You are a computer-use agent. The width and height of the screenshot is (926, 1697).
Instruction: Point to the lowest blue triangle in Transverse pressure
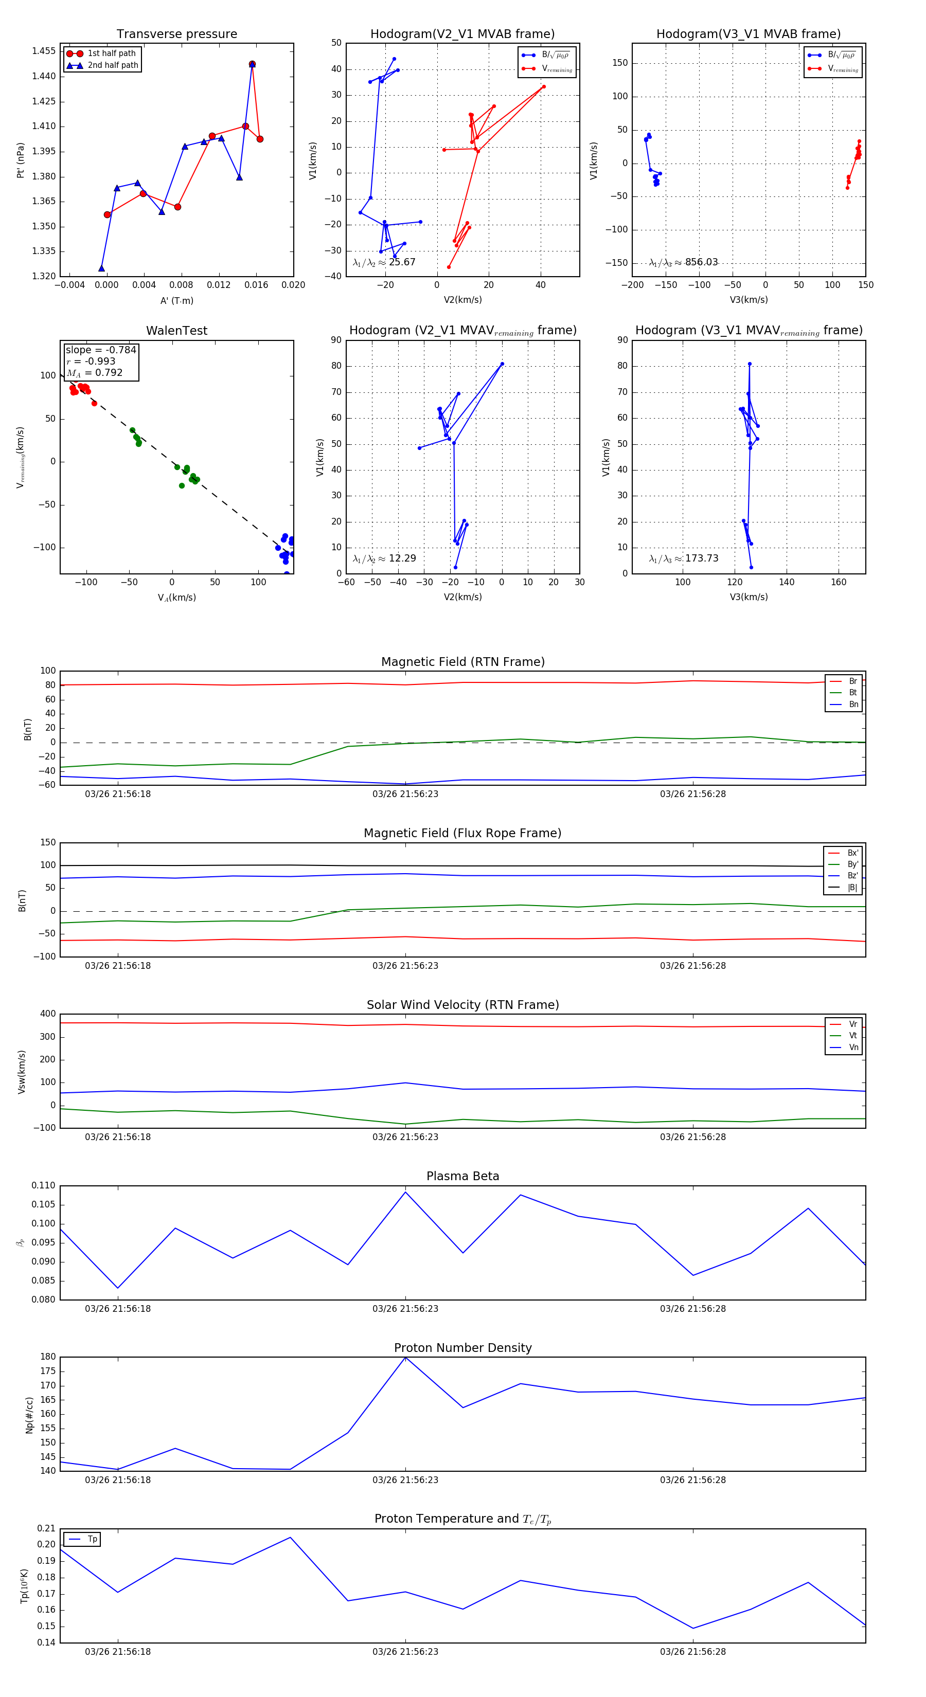coord(101,268)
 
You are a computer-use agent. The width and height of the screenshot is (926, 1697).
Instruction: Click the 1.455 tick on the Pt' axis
coord(44,51)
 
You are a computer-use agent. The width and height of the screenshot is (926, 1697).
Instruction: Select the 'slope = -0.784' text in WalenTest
coord(101,350)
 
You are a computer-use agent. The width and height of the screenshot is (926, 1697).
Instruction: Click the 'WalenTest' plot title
coord(176,331)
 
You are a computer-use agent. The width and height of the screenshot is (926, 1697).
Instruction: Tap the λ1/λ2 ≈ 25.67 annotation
coord(384,262)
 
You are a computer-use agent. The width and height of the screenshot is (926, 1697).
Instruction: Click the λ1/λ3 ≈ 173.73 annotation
coord(684,558)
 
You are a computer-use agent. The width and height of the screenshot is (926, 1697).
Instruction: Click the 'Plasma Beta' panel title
coord(462,1177)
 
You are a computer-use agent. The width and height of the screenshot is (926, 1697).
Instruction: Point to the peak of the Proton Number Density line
coord(405,1357)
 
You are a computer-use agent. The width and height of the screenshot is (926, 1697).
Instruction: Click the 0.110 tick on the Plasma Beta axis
coord(44,1186)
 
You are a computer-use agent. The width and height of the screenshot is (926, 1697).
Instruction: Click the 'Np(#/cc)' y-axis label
coord(29,1414)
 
